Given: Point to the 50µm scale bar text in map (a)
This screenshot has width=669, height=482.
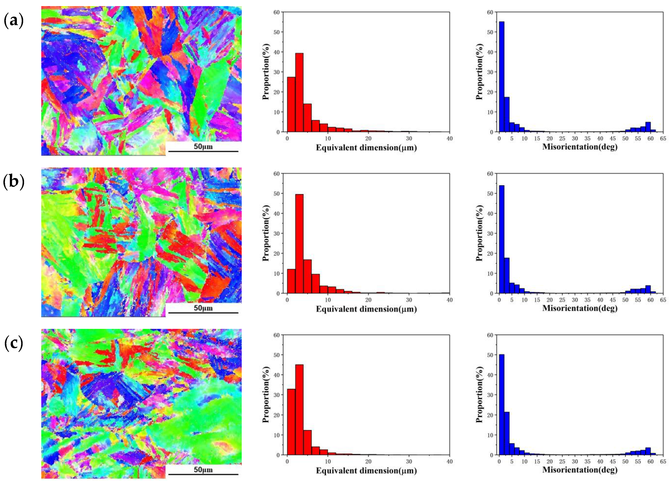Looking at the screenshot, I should coord(203,146).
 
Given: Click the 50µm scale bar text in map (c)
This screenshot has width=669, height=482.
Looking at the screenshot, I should coord(203,469).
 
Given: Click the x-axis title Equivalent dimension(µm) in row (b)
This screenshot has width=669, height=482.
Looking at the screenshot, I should coord(366,309).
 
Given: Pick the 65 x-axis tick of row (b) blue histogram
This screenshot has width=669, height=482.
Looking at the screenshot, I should coord(663,300).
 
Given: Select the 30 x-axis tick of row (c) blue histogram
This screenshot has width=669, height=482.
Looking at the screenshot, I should coord(575,461).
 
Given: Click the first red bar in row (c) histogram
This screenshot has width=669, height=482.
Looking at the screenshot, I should coord(291,422).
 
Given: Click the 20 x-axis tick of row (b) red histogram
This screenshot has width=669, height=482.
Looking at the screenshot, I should coord(368,300).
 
